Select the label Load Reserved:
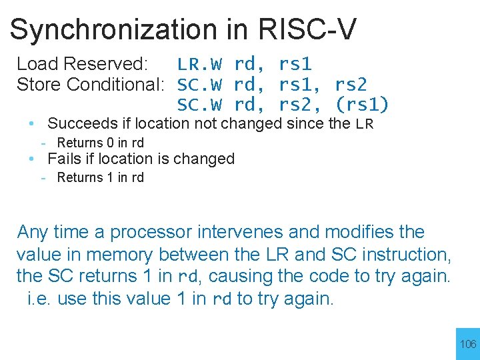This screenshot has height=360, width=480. (81, 64)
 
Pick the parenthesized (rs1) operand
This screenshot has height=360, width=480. (363, 105)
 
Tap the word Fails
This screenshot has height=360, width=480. (64, 159)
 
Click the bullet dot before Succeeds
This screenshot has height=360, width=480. (32, 123)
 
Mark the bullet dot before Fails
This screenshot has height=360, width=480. (32, 159)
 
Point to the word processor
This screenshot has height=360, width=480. (149, 233)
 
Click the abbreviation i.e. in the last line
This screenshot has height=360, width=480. (40, 299)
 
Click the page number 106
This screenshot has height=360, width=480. (469, 345)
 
